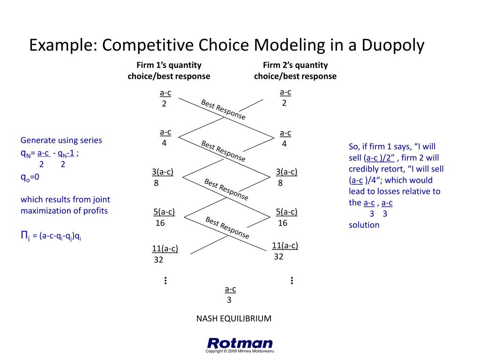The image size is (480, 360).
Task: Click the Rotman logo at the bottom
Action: (240, 343)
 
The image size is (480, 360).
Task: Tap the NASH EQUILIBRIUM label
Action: (233, 319)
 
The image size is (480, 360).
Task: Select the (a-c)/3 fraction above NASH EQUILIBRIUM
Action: (230, 294)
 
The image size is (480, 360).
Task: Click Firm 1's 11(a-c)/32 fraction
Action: (165, 254)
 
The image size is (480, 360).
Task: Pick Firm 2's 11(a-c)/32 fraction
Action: (285, 251)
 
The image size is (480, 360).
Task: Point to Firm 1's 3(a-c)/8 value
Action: (162, 177)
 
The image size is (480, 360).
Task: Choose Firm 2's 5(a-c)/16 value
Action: (286, 217)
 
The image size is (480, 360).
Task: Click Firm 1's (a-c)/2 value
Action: (165, 98)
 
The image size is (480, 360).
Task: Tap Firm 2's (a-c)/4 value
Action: (285, 138)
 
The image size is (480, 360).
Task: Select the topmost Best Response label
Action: (223, 109)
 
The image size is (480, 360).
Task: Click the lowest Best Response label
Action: (227, 227)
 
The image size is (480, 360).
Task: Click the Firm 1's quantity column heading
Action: (169, 70)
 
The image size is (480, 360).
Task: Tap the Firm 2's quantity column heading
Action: (295, 70)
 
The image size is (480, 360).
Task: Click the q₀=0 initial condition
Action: (30, 177)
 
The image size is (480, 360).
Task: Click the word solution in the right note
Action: (364, 225)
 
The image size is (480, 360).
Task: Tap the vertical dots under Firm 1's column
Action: (165, 281)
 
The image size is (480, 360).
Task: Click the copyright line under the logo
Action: (240, 352)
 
